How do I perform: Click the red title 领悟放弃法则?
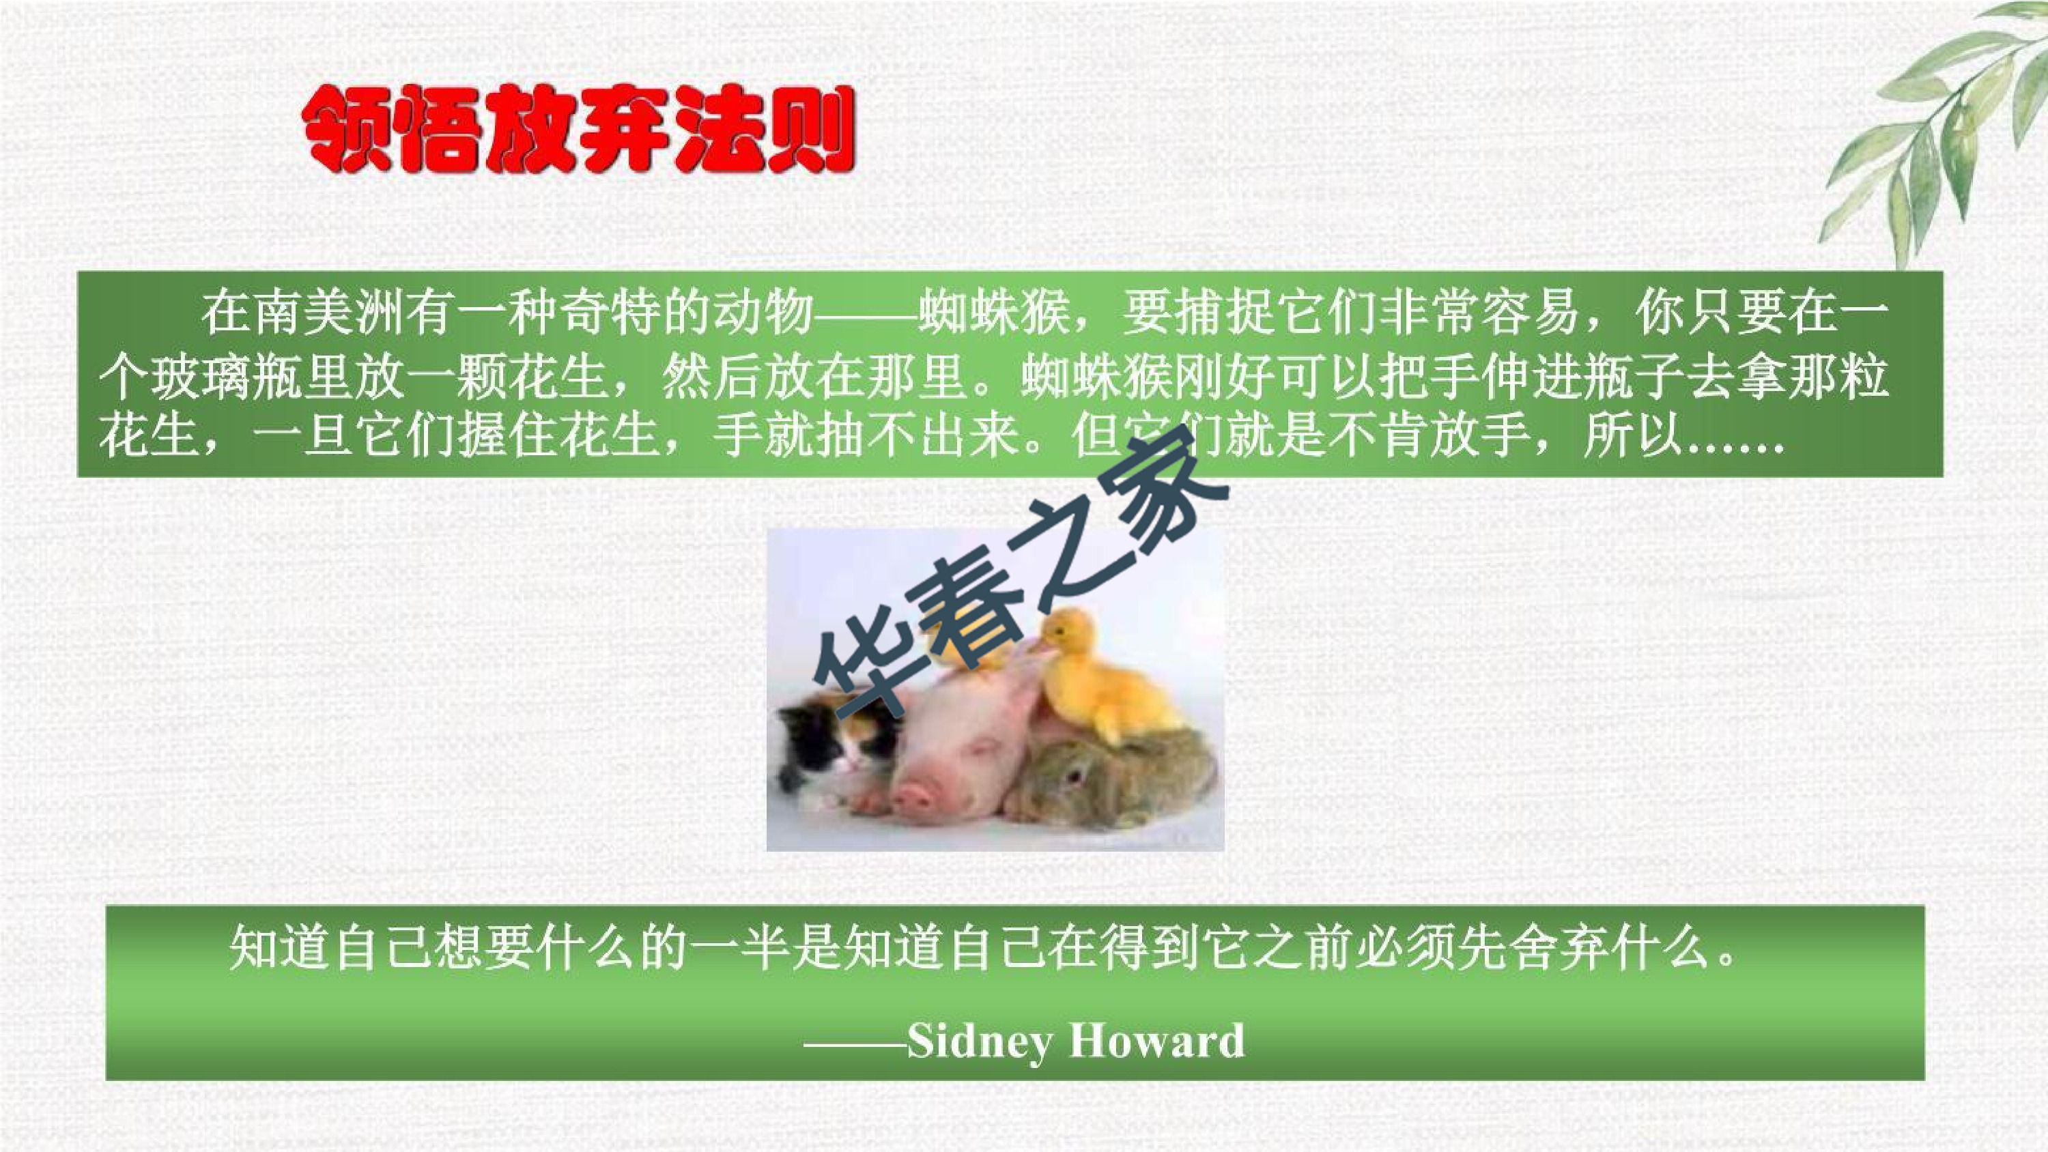pos(579,130)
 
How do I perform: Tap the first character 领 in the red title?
pos(347,130)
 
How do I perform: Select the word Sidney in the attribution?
pos(980,1041)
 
